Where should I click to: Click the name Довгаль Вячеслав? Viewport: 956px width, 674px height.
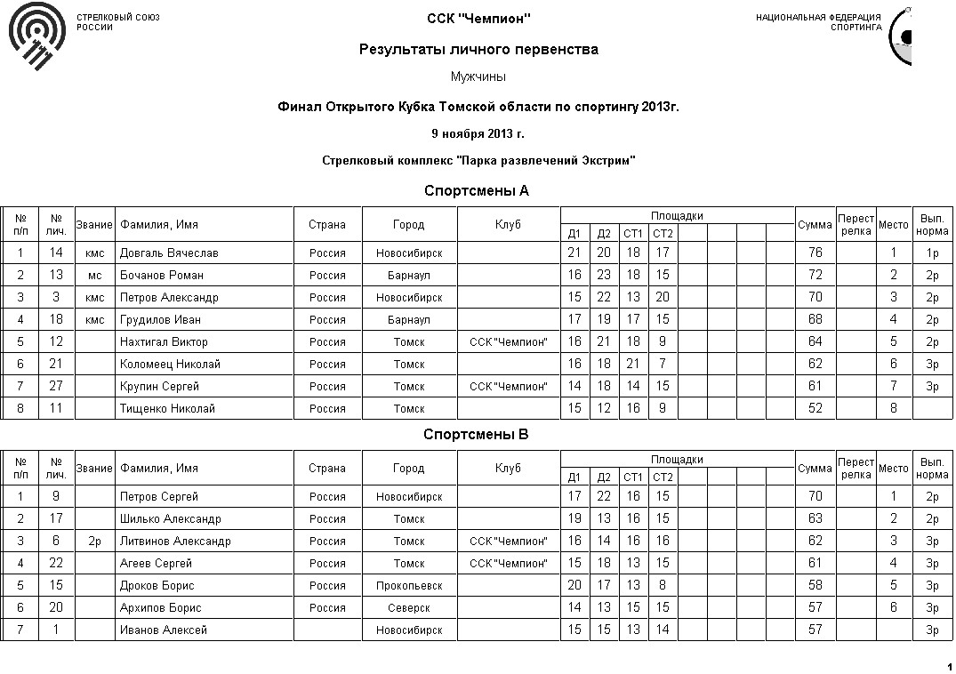point(169,253)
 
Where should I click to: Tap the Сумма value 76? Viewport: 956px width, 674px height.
point(815,253)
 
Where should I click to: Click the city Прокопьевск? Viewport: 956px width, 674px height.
point(409,586)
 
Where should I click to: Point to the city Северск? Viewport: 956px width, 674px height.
point(409,608)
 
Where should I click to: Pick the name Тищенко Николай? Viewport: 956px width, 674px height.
point(167,409)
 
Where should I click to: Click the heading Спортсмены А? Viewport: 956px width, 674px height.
point(477,191)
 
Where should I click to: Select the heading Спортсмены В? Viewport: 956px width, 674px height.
point(477,435)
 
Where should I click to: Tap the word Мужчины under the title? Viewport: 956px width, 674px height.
point(478,77)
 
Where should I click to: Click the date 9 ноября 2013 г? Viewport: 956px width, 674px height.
point(478,134)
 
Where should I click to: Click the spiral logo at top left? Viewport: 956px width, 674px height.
point(36,41)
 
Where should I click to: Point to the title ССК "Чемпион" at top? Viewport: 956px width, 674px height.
point(478,19)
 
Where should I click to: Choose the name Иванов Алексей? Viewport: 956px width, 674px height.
point(164,630)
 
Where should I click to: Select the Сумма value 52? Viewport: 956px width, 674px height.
point(815,409)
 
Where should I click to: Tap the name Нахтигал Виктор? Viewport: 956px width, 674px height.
point(164,342)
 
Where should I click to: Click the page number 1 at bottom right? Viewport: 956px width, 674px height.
point(949,666)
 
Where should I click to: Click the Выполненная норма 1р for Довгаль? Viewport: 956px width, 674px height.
point(932,253)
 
